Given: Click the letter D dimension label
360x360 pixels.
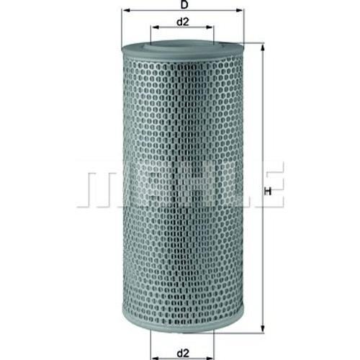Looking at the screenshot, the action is [184, 4].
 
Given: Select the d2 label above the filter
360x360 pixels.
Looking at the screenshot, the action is [183, 22].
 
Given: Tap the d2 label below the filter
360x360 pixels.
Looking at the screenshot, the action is [183, 353].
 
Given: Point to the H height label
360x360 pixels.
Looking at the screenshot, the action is [269, 192].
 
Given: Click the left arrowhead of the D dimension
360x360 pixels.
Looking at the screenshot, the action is [125, 10].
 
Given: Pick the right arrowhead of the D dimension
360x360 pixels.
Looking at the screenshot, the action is [240, 10].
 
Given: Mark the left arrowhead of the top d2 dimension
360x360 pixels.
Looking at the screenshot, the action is [155, 27].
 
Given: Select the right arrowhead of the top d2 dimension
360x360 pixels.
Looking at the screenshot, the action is [210, 27].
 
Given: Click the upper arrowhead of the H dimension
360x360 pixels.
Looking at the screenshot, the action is [263, 48].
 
